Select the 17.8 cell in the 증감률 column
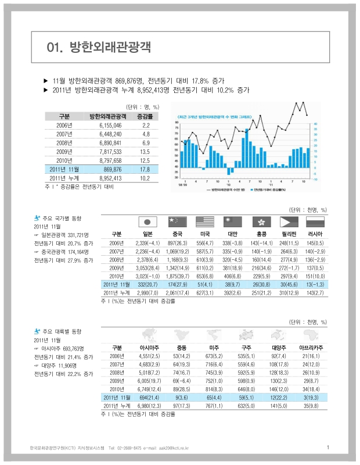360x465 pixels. point(145,169)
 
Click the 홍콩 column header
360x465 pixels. point(261,234)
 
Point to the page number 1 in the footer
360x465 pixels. point(328,448)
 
